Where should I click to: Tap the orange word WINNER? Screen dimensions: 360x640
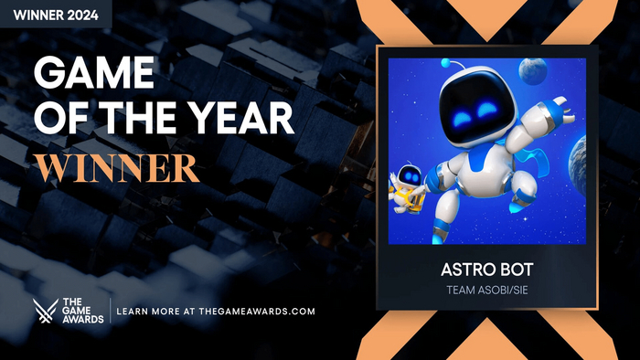click(117, 166)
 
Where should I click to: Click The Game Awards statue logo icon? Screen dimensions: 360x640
click(44, 312)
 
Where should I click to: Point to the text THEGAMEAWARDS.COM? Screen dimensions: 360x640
click(249, 312)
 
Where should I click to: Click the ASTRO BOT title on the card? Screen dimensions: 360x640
click(486, 271)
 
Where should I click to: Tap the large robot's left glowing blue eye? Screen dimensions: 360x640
click(463, 111)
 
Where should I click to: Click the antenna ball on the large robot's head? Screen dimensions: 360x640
click(446, 64)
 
